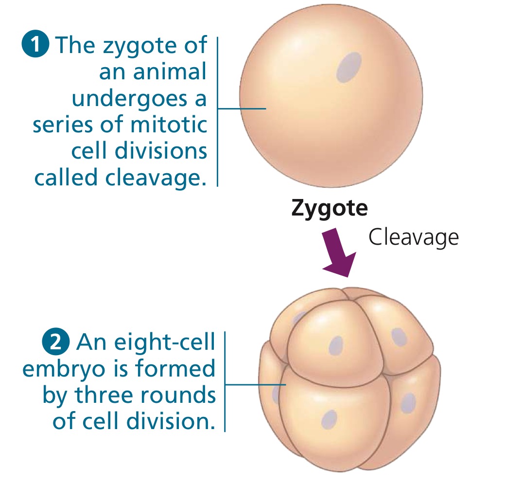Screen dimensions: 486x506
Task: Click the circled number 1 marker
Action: tap(35, 45)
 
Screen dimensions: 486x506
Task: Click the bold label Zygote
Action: tap(329, 208)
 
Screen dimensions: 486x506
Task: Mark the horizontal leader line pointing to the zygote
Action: tap(242, 108)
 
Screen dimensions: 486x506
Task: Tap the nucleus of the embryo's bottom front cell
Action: tap(330, 419)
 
